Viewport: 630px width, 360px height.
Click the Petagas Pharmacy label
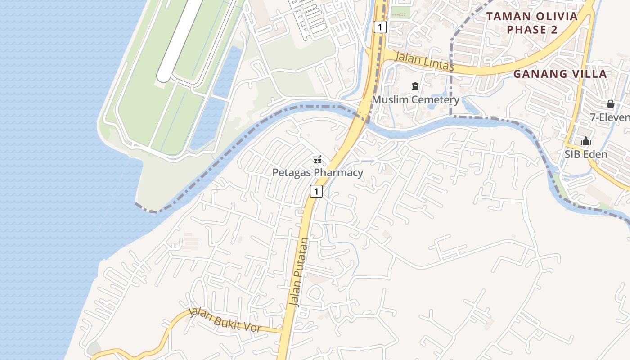[x=318, y=173]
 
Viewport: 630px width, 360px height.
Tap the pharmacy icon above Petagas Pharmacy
[x=318, y=160]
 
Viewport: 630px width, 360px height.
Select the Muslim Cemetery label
[x=415, y=99]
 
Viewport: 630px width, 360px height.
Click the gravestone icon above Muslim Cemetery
[x=415, y=86]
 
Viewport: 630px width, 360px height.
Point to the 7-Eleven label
[x=610, y=117]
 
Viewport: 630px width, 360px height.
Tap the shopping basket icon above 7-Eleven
[x=610, y=104]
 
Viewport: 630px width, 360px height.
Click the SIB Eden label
[x=586, y=154]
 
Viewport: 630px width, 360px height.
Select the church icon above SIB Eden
[x=585, y=141]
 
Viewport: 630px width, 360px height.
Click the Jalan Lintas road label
[x=424, y=61]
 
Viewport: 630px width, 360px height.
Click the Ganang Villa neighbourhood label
[x=560, y=74]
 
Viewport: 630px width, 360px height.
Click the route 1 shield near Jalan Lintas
[x=380, y=27]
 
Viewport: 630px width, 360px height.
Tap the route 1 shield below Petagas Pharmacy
[x=316, y=191]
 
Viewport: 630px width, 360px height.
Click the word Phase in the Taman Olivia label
[x=526, y=30]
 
